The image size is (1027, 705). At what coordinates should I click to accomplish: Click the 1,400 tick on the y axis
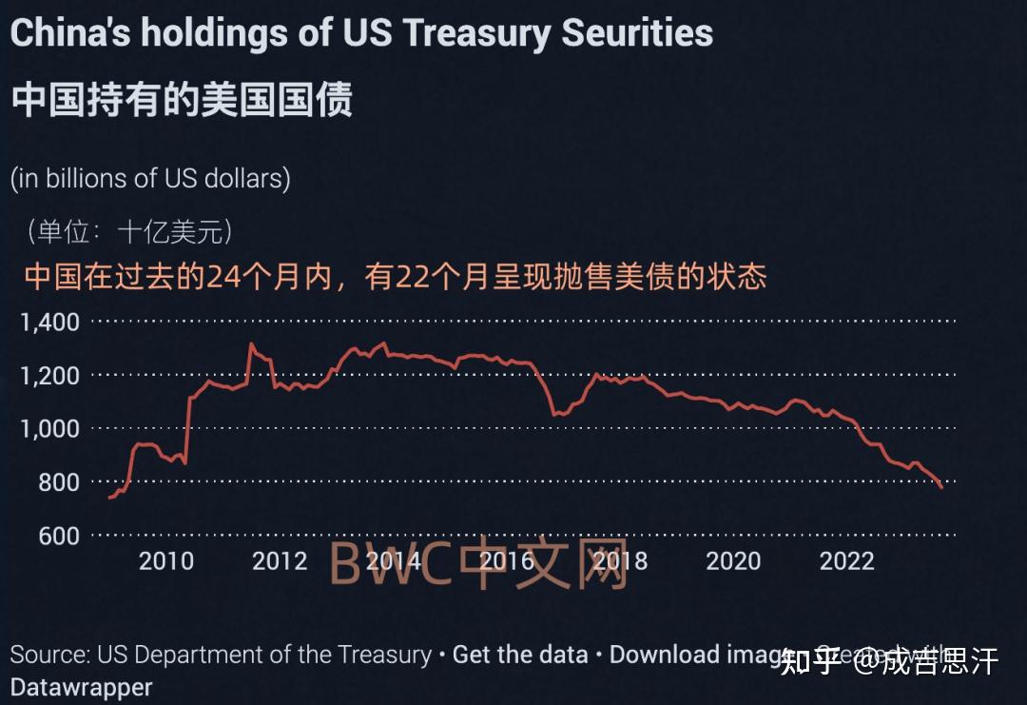49,323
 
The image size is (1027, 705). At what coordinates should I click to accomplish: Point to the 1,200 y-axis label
49,376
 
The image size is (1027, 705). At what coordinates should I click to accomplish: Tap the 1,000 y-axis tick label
49,429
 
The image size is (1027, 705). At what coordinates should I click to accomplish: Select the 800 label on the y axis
59,482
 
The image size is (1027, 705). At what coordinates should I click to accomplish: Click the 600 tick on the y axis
59,536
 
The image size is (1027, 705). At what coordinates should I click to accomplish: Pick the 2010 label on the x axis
166,561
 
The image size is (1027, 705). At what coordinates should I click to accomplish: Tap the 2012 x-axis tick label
280,561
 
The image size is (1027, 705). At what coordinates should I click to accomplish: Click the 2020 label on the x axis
733,561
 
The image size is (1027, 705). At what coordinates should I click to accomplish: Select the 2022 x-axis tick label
846,561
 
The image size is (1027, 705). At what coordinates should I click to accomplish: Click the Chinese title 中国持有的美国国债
182,99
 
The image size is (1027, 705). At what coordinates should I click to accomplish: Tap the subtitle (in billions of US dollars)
150,179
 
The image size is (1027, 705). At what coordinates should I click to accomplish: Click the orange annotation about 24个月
395,277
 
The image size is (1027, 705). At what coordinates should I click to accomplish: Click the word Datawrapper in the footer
82,686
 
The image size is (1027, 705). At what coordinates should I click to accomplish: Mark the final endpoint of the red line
941,487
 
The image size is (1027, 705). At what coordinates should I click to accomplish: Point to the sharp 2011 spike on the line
251,344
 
